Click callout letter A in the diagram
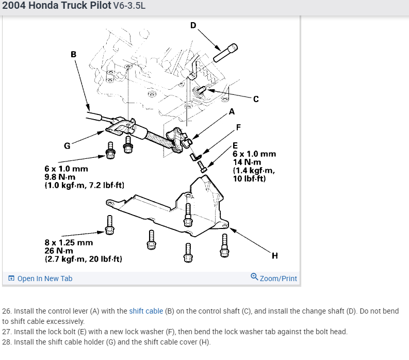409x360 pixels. point(231,111)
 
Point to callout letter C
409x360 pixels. point(256,99)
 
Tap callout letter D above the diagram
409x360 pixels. point(193,25)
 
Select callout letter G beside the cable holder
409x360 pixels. point(67,145)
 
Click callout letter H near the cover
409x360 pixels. point(274,255)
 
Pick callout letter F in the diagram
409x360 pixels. point(238,127)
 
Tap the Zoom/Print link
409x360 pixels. point(278,279)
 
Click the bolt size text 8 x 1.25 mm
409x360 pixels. point(69,242)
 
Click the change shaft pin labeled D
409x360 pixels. point(225,53)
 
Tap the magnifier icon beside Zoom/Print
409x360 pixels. point(254,277)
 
